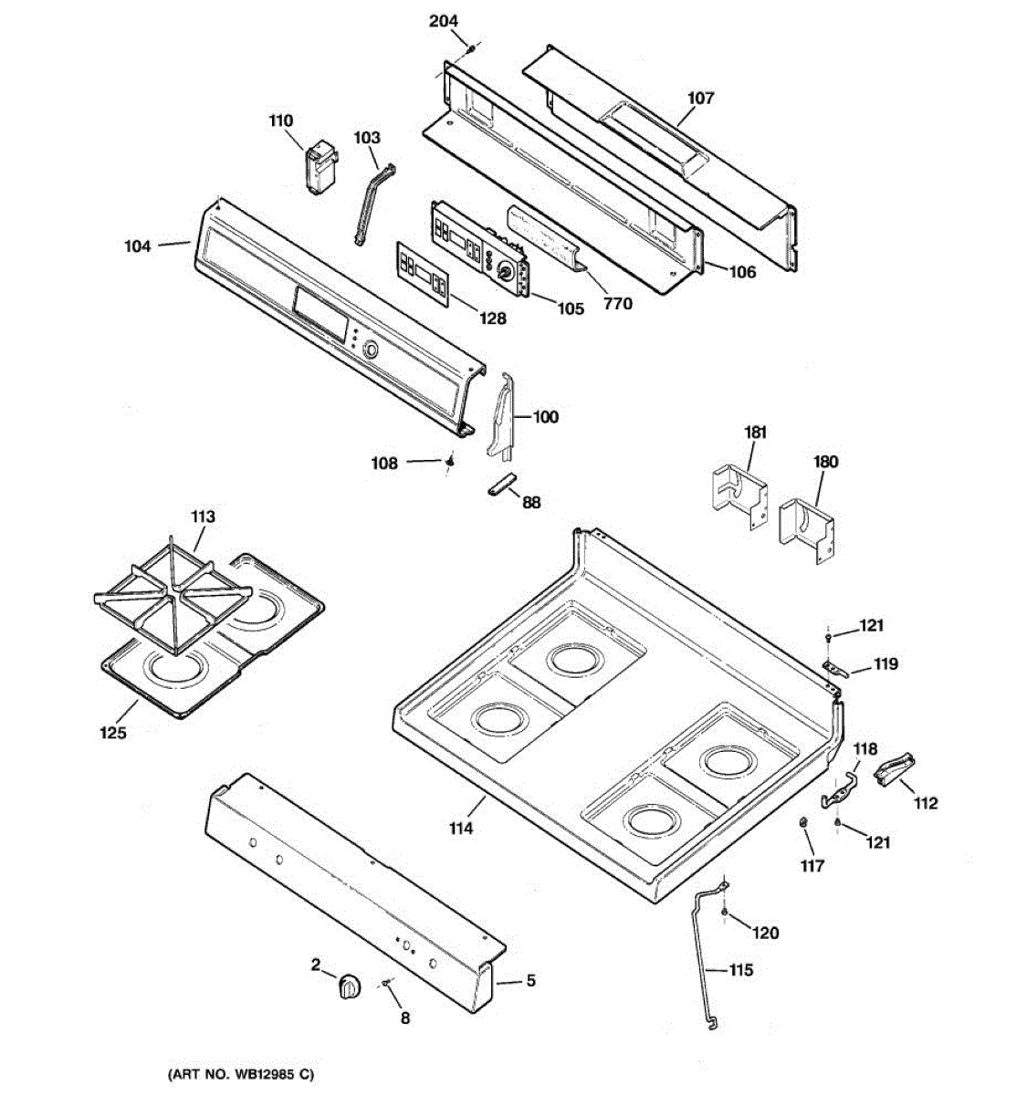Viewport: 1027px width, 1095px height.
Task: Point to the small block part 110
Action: click(x=320, y=168)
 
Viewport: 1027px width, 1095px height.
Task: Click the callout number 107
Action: click(x=700, y=98)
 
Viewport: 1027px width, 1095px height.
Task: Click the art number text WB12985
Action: click(x=239, y=1074)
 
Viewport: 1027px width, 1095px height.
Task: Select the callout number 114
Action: click(x=461, y=829)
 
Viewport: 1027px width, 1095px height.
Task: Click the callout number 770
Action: click(x=618, y=304)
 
